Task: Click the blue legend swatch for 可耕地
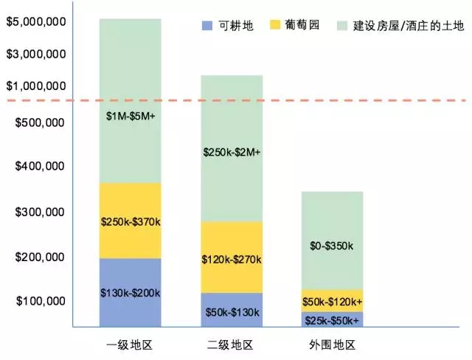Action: [206, 26]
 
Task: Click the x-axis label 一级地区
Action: [130, 345]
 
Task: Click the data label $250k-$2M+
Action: [232, 153]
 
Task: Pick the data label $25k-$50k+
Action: [333, 321]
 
